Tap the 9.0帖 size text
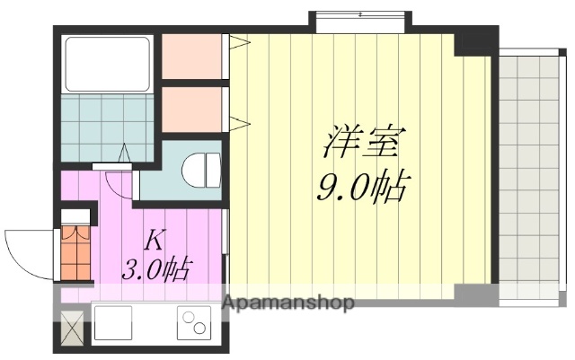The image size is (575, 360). point(363,189)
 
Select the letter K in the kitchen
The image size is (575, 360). point(154,241)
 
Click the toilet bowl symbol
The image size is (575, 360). point(201,169)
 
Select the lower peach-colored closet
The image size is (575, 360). point(191,109)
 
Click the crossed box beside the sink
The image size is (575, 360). point(72,328)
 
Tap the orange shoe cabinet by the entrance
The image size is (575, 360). point(75,251)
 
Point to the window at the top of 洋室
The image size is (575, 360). point(360,17)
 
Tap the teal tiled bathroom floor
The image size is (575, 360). point(106,127)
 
